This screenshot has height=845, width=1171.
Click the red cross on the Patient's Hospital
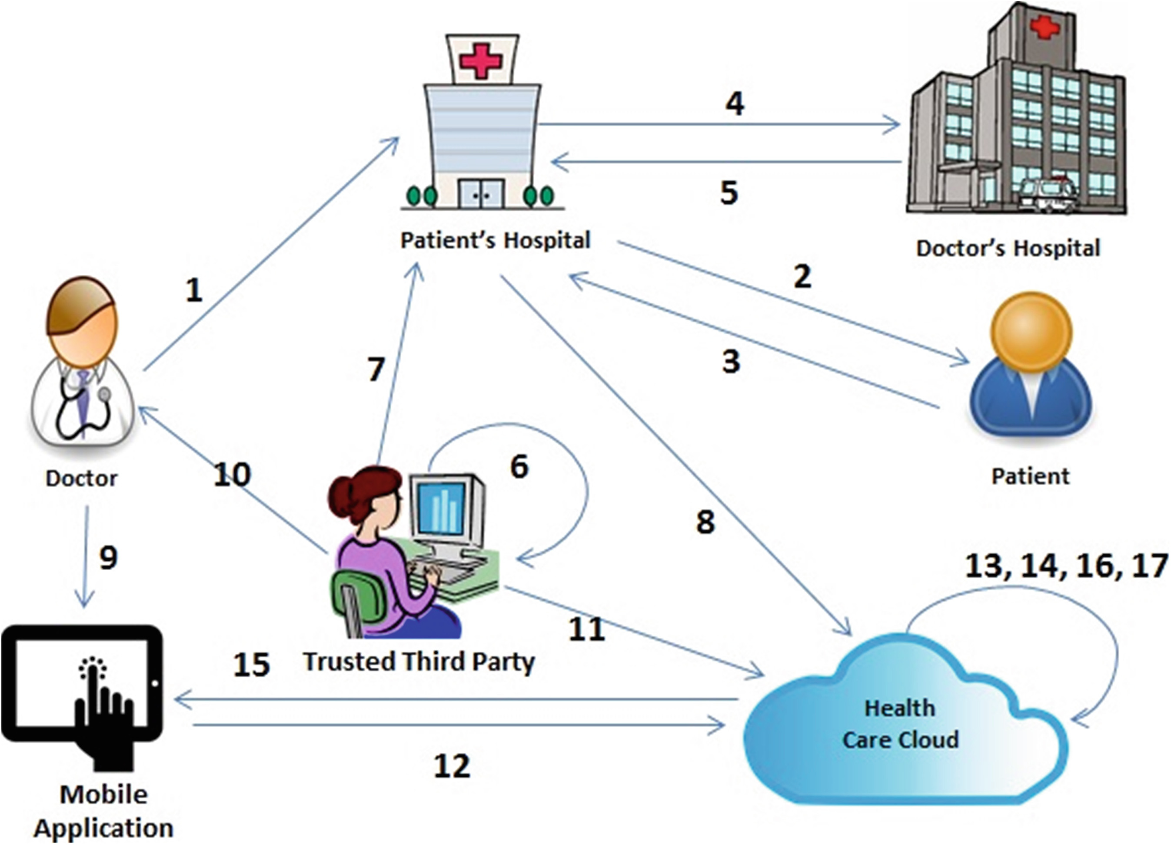click(x=481, y=61)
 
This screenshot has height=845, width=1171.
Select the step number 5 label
click(x=729, y=193)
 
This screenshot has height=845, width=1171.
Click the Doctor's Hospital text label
click(x=1008, y=248)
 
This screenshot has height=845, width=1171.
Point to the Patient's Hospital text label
click(x=495, y=240)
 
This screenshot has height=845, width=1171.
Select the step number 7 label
click(x=376, y=369)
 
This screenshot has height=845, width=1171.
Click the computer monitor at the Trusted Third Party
click(x=442, y=509)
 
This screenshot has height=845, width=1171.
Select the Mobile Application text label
click(x=103, y=811)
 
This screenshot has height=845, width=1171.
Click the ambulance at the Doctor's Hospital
click(x=1048, y=193)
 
